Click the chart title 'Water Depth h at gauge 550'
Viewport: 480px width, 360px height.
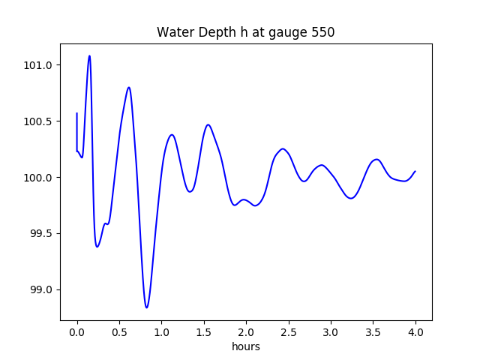pos(245,33)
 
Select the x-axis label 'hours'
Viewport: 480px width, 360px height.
pos(246,347)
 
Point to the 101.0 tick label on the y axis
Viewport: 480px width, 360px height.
pos(37,65)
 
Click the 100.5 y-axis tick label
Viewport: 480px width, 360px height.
pos(37,121)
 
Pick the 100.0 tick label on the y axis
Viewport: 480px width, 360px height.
pos(37,178)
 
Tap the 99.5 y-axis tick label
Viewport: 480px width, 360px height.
pos(40,234)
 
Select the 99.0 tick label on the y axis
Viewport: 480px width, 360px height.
pos(40,290)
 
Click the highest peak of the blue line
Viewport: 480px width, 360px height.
pos(89,55)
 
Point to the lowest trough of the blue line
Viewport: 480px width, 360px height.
pos(147,307)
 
